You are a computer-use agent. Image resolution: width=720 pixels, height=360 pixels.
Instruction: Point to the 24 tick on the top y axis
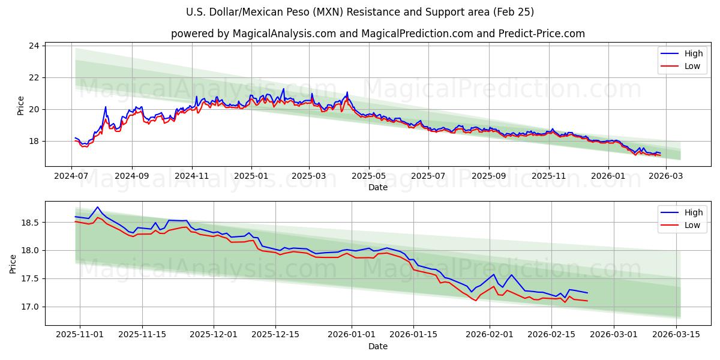[34, 46]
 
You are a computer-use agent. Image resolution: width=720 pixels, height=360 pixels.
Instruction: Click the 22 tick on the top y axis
[34, 77]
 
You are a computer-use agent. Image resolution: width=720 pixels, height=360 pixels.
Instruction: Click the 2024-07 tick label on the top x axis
[72, 176]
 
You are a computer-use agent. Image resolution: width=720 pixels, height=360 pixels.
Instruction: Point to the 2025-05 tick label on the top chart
[368, 176]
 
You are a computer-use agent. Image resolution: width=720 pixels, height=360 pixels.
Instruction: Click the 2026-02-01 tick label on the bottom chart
[490, 335]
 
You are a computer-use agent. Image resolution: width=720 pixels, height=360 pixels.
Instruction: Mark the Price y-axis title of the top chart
[20, 106]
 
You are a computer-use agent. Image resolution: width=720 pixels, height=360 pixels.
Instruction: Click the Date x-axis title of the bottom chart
[378, 346]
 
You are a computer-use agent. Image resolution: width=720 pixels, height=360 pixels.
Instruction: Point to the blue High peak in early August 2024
[106, 107]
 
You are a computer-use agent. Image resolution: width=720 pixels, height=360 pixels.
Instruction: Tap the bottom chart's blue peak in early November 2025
[98, 207]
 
